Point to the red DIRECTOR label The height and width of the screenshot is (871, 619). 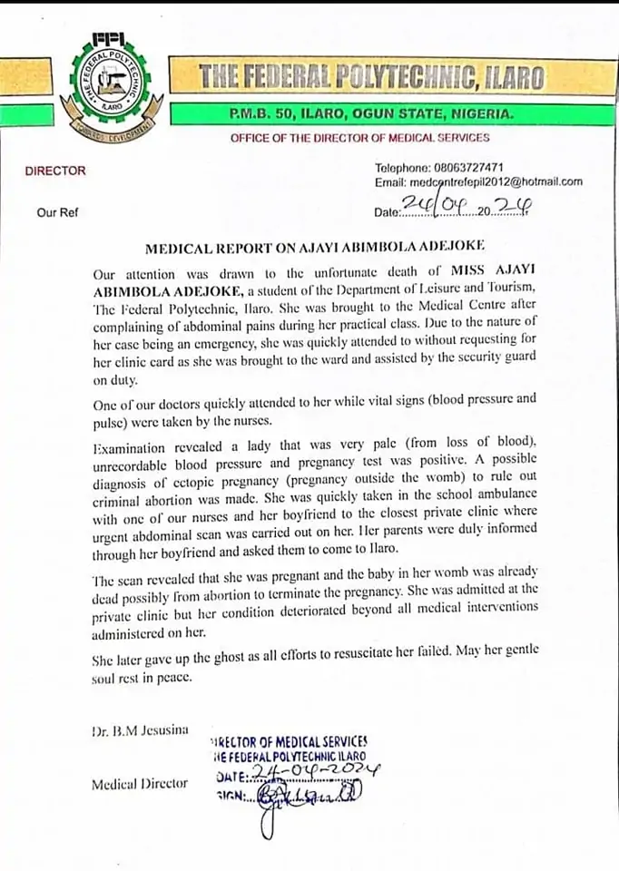coord(55,171)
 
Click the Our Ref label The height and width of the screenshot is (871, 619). coord(57,212)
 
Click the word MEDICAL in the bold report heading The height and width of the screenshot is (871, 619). coord(182,245)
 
